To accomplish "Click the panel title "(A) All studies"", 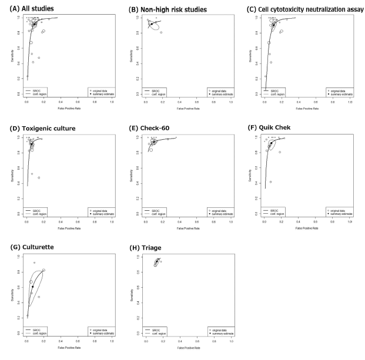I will (x=28, y=8).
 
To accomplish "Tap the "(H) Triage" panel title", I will (x=143, y=247).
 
